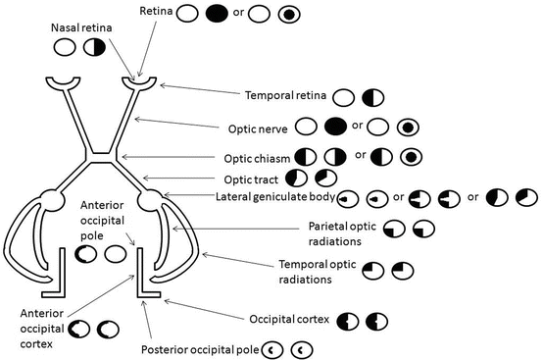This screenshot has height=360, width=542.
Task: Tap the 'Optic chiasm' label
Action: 252,157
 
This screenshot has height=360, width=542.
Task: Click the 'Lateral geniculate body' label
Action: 274,198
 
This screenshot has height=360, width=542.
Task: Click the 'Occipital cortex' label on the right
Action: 290,321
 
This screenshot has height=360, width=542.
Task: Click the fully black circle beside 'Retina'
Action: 216,15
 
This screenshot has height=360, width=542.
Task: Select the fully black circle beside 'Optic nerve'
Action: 334,127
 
